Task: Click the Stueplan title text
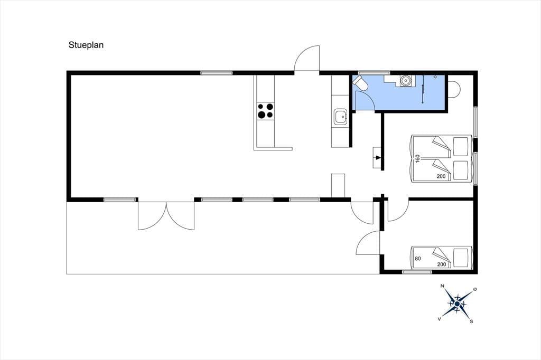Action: (86, 45)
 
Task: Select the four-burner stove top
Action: (266, 111)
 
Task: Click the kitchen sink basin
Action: (341, 117)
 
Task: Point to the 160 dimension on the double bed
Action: (417, 158)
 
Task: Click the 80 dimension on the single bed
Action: (418, 258)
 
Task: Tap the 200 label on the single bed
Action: (441, 264)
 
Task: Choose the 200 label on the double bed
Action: (441, 176)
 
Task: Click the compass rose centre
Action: (457, 304)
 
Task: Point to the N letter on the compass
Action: (442, 286)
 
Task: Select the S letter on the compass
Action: (471, 321)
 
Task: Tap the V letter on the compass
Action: (439, 319)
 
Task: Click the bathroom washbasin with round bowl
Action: (405, 81)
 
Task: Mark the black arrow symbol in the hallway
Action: (378, 158)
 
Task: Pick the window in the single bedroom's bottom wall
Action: (417, 272)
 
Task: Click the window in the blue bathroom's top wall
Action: (374, 73)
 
